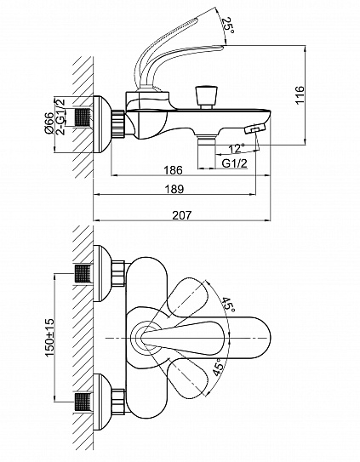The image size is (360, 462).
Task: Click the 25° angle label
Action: pos(228,25)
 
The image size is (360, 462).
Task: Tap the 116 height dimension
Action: pos(300,95)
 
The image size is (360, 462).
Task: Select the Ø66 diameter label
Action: pos(49,123)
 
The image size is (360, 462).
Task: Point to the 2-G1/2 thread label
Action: pos(60,117)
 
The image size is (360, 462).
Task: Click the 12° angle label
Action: pos(237,149)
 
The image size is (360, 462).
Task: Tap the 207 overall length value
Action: pos(181,215)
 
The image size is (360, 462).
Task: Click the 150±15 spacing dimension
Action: pos(50,337)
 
